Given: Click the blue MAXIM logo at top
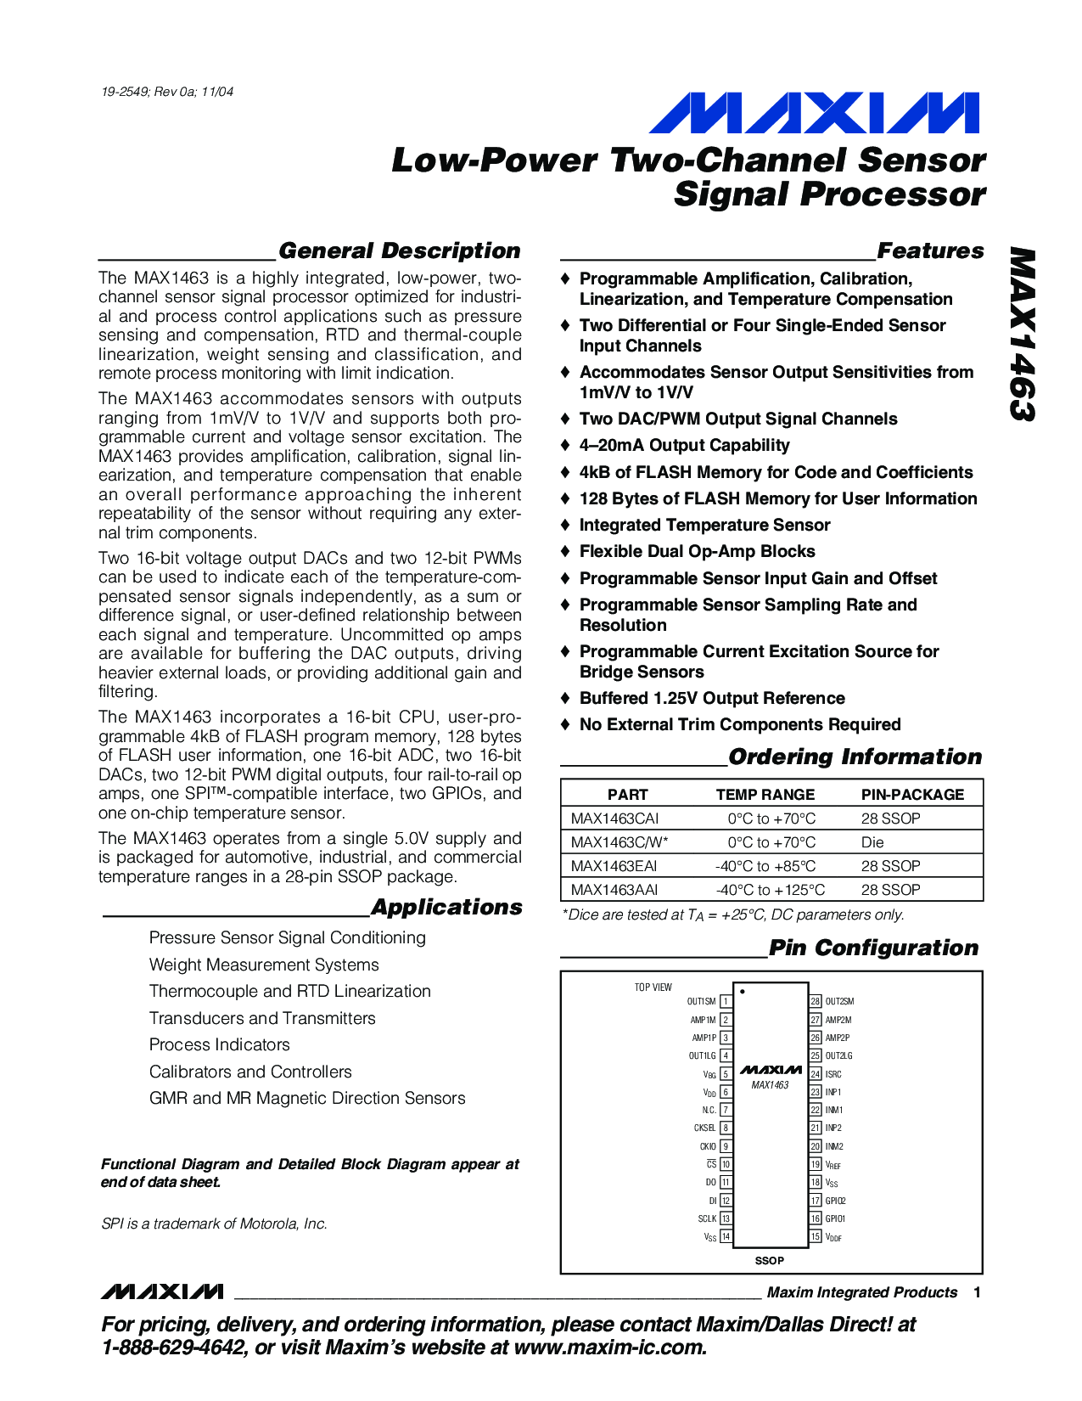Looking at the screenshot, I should [x=813, y=114].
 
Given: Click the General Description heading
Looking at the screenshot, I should [x=399, y=251].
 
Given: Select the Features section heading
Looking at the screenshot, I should [x=930, y=251].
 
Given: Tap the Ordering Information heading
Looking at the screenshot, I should [x=855, y=757].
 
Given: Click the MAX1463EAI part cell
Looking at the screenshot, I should [x=614, y=866].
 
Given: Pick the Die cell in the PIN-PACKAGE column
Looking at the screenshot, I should [x=872, y=842].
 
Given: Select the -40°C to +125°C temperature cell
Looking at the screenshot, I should [x=770, y=890].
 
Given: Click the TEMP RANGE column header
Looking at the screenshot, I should [x=765, y=795].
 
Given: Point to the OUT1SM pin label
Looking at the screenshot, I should [x=701, y=1002].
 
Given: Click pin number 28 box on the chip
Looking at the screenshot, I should [x=816, y=1002].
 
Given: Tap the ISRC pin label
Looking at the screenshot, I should [x=833, y=1074].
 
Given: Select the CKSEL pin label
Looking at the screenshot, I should [x=704, y=1128].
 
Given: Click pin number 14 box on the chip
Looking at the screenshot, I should [x=726, y=1237].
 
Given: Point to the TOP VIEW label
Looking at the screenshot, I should [x=653, y=987].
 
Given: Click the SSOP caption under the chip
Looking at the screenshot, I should [x=769, y=1261].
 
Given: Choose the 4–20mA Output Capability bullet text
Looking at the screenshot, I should [x=684, y=446].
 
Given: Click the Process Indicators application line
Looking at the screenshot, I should [x=219, y=1045].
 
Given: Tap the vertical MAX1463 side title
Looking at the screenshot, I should [x=1023, y=335].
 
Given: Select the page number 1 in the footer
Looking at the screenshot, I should [x=977, y=1292].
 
